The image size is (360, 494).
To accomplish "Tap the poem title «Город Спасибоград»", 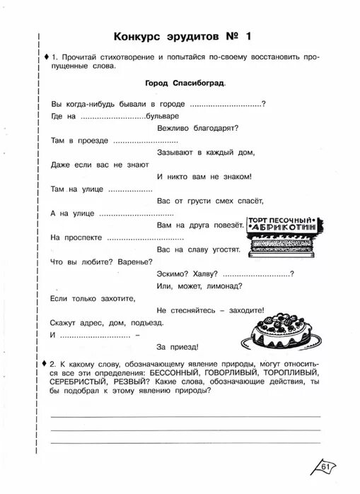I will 185,83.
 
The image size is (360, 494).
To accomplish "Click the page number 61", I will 325,465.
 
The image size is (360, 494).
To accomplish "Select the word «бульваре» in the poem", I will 162,115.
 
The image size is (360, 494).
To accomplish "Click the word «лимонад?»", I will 223,286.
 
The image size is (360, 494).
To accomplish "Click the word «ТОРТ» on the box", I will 257,220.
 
